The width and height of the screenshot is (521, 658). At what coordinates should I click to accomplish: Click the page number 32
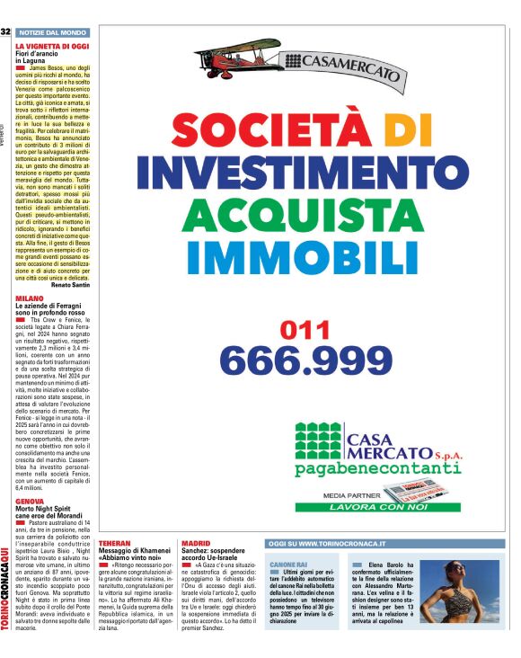click(5, 31)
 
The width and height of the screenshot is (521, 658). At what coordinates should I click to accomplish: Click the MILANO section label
click(29, 298)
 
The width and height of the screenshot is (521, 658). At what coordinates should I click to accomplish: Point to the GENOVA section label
click(30, 500)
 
